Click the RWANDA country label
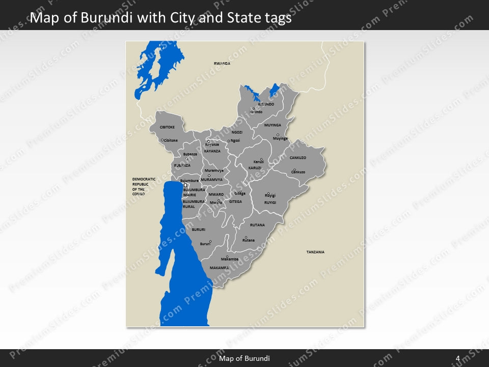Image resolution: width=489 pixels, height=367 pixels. [x=222, y=63]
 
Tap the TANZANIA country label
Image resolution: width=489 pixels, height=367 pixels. [x=315, y=252]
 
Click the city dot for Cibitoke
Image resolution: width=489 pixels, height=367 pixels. [x=162, y=140]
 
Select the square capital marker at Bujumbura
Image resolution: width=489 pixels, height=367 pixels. [x=186, y=185]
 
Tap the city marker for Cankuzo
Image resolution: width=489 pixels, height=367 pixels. [x=294, y=170]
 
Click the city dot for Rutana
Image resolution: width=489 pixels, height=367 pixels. [x=246, y=237]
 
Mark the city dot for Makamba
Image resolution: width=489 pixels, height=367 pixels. [x=227, y=256]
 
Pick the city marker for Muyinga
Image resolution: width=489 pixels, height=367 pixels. [x=278, y=135]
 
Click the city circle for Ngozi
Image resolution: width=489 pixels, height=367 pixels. [x=229, y=141]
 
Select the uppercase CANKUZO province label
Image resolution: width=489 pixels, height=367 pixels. [x=298, y=158]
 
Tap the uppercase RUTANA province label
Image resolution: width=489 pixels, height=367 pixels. [x=257, y=225]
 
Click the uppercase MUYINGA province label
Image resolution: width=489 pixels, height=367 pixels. [x=273, y=125]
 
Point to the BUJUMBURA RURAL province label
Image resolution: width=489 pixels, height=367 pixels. [x=194, y=204]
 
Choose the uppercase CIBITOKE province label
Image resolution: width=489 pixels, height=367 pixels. [x=167, y=127]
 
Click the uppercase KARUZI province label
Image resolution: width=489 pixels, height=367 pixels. [x=255, y=168]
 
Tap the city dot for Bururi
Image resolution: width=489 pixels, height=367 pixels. [x=210, y=241]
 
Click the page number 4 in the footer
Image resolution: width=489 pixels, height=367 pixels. [x=458, y=358]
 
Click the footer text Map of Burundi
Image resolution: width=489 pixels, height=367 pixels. [x=244, y=358]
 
